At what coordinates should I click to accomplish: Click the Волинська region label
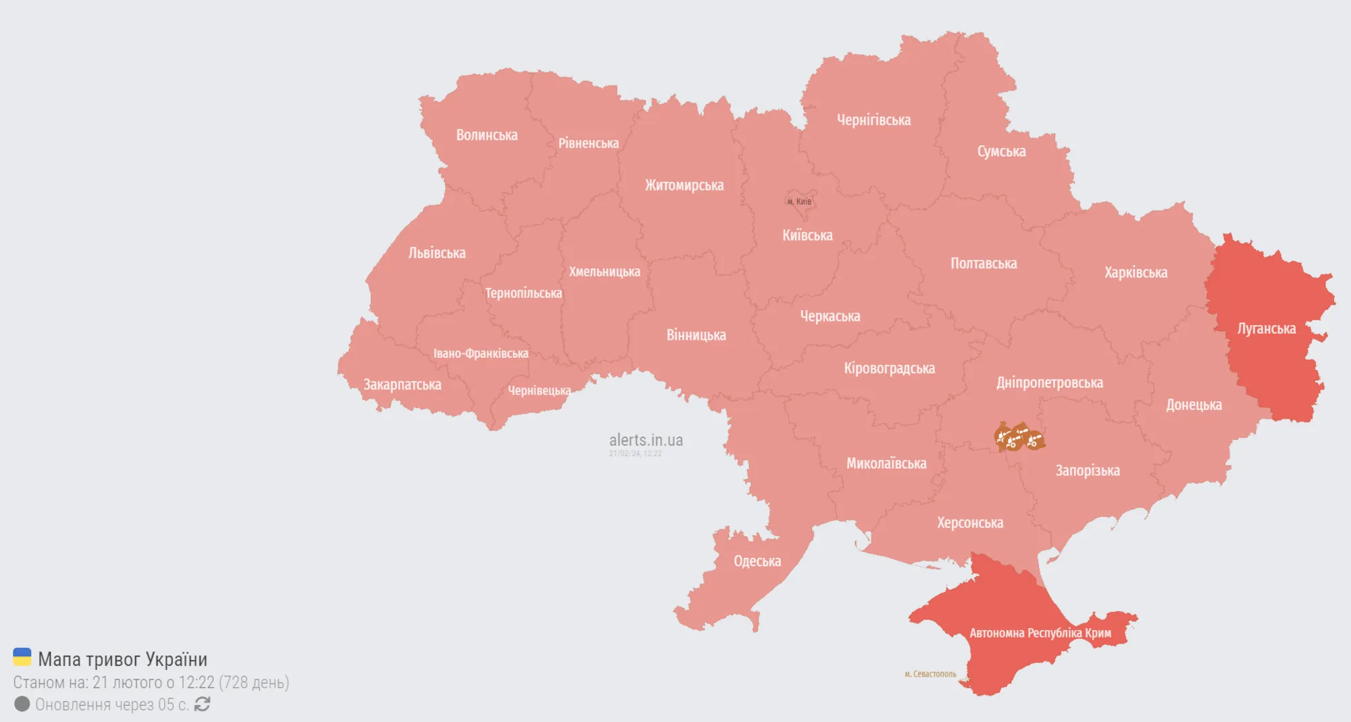pyautogui.click(x=486, y=135)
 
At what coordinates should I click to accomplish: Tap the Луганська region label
pyautogui.click(x=1266, y=329)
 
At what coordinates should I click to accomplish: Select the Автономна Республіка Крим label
pyautogui.click(x=1040, y=633)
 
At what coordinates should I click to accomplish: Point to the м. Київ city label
pyautogui.click(x=799, y=202)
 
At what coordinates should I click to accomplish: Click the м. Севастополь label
pyautogui.click(x=930, y=674)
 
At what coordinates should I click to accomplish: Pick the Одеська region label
pyautogui.click(x=757, y=561)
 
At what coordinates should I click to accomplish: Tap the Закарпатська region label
pyautogui.click(x=402, y=385)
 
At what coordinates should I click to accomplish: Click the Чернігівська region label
pyautogui.click(x=873, y=120)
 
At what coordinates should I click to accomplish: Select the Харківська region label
pyautogui.click(x=1136, y=273)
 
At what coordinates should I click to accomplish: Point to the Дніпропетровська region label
pyautogui.click(x=1049, y=383)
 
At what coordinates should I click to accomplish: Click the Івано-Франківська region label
pyautogui.click(x=480, y=353)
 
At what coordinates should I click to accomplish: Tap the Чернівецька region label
pyautogui.click(x=539, y=390)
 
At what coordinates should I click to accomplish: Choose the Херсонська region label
pyautogui.click(x=969, y=523)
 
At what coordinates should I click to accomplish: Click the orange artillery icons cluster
pyautogui.click(x=1019, y=438)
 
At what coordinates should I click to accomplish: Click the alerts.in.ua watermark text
pyautogui.click(x=646, y=440)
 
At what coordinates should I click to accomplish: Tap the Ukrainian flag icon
pyautogui.click(x=22, y=657)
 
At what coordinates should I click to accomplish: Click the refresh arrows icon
pyautogui.click(x=202, y=704)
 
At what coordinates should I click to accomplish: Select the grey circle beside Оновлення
pyautogui.click(x=22, y=704)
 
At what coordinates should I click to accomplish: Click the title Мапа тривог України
pyautogui.click(x=122, y=659)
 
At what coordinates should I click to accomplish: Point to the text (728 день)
pyautogui.click(x=254, y=682)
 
